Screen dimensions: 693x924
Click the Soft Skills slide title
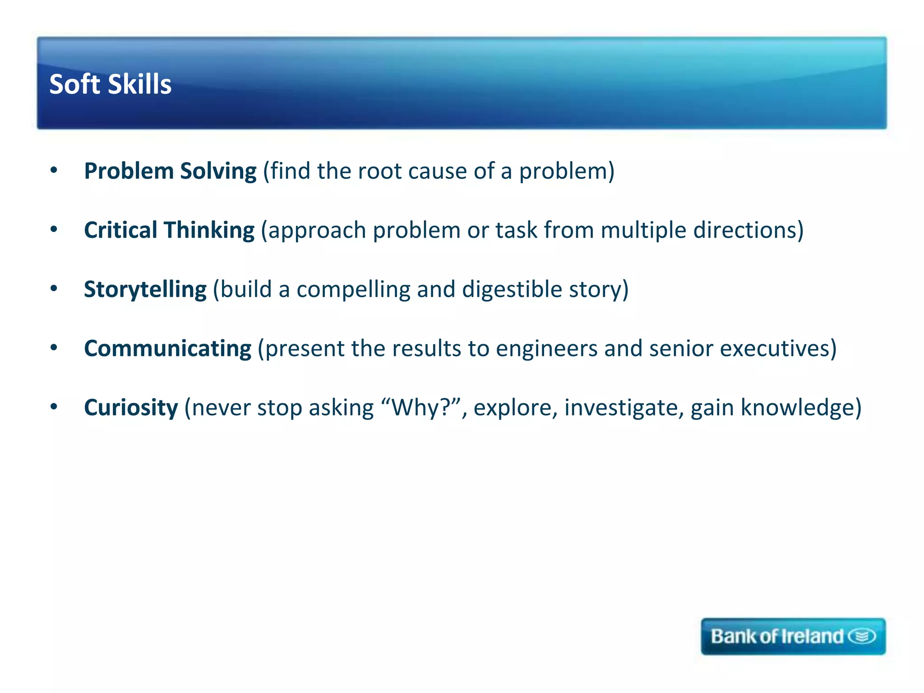click(110, 84)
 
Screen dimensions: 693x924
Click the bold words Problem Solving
click(170, 171)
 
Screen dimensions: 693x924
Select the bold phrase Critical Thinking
click(169, 231)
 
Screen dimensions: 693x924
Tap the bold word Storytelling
click(145, 290)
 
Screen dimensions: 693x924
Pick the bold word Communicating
click(167, 349)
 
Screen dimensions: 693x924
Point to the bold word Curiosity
click(131, 408)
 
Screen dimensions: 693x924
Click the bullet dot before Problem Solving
click(54, 171)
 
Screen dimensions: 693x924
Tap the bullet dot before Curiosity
click(54, 407)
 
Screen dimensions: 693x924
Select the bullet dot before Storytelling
click(54, 289)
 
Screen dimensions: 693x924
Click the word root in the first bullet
click(379, 171)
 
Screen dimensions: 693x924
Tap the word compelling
click(353, 290)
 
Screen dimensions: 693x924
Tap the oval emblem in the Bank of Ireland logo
click(862, 637)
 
